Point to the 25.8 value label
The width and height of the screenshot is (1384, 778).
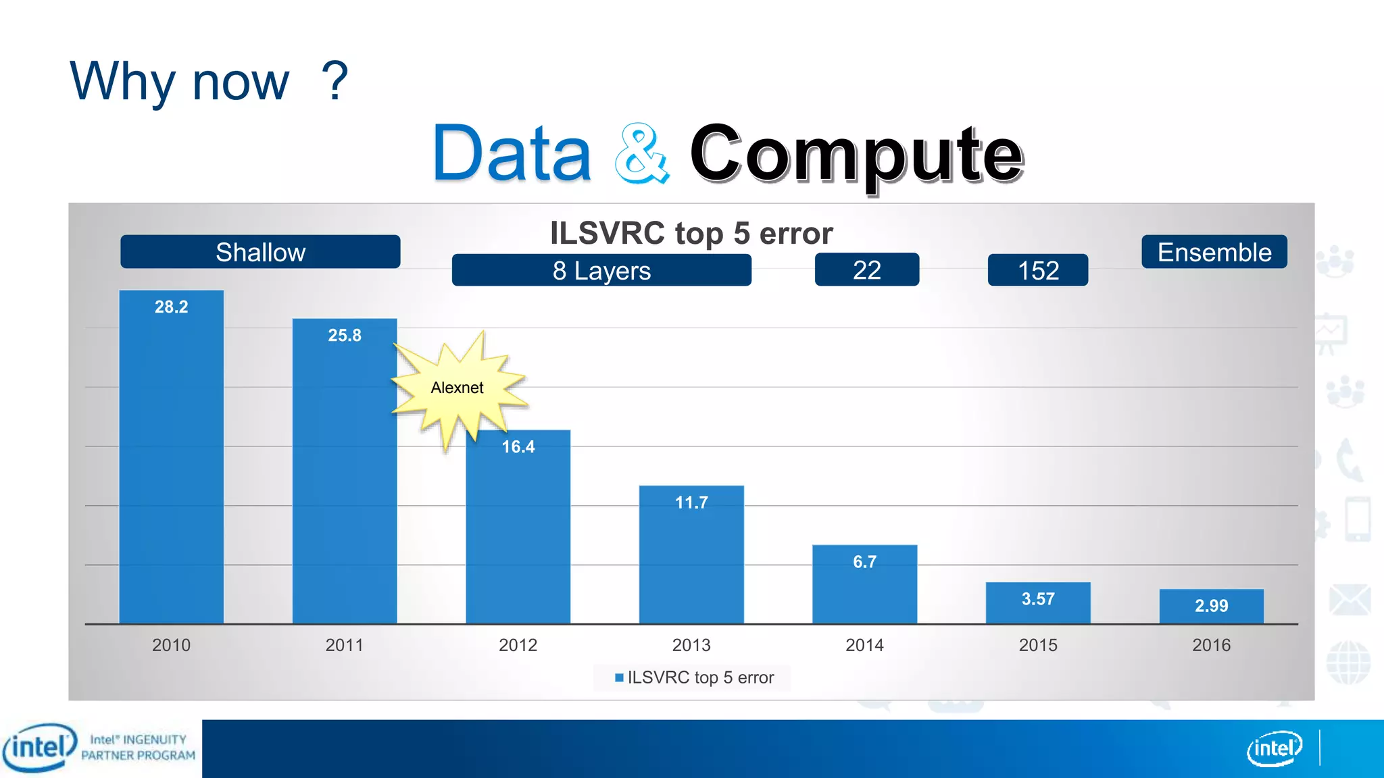click(x=345, y=336)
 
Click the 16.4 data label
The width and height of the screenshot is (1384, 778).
click(x=518, y=447)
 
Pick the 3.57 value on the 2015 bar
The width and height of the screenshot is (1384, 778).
click(x=1038, y=599)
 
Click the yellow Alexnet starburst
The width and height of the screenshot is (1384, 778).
click(x=458, y=388)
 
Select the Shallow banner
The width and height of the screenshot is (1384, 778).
click(x=260, y=252)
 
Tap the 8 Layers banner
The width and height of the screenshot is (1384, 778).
click(x=601, y=270)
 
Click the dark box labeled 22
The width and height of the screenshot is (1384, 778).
click(x=867, y=270)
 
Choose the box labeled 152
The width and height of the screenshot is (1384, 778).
click(x=1038, y=270)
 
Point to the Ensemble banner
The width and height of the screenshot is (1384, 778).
click(x=1214, y=252)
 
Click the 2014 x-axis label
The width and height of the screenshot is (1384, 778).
click(x=864, y=646)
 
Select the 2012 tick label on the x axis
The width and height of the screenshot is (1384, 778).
click(x=518, y=646)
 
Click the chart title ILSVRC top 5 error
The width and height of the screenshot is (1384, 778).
click(x=691, y=234)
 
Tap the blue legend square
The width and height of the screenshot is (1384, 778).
click(x=619, y=677)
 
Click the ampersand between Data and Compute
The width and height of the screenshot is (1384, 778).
click(x=641, y=154)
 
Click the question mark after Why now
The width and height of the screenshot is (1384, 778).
click(x=335, y=81)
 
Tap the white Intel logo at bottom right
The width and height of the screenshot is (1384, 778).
click(x=1274, y=748)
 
